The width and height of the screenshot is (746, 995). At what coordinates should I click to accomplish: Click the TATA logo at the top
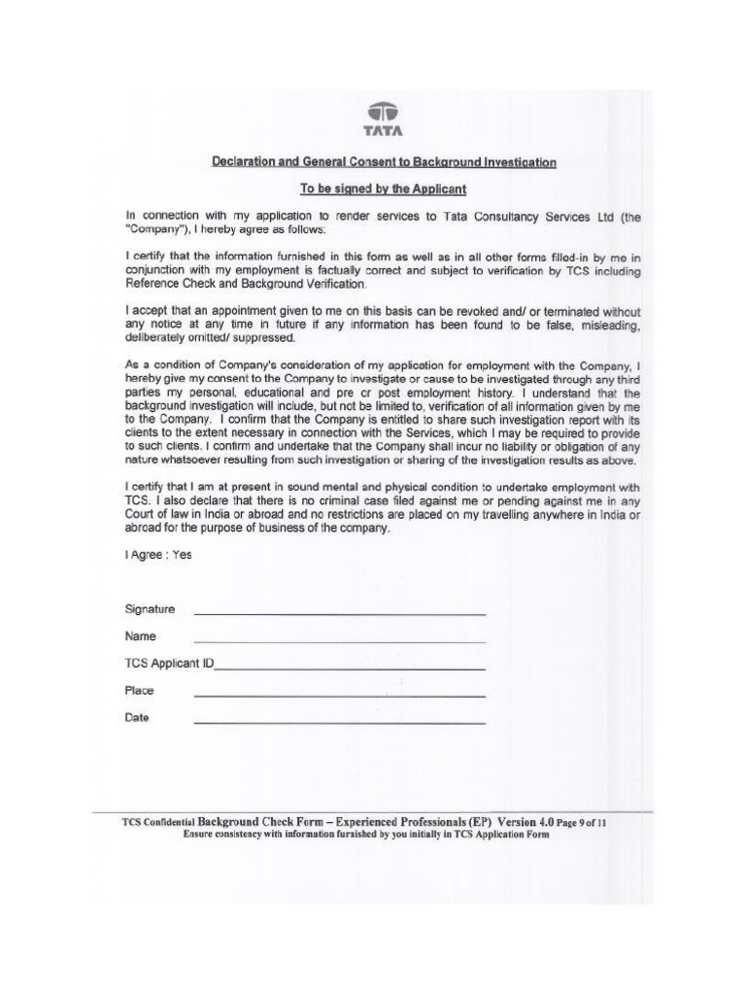pos(384,119)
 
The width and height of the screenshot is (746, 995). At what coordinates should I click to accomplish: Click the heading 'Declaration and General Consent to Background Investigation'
pos(384,162)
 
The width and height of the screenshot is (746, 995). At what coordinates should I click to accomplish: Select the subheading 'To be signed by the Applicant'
pos(384,189)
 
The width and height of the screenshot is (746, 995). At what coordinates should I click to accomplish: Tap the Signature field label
pos(150,609)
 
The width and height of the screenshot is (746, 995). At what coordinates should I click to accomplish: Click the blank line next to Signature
pos(340,613)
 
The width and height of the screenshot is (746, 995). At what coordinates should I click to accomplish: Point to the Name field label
pos(140,636)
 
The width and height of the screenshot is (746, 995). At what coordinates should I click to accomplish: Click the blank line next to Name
pos(340,640)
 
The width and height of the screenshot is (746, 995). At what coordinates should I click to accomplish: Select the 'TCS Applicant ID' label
pos(169,664)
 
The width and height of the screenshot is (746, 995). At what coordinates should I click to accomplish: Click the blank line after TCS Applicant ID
pos(350,668)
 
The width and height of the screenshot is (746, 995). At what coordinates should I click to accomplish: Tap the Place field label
pos(139,691)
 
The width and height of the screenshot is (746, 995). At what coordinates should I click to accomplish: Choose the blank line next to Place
pos(340,695)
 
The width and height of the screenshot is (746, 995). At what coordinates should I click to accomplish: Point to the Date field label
pos(137,718)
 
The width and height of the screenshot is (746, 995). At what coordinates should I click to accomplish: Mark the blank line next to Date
pos(340,722)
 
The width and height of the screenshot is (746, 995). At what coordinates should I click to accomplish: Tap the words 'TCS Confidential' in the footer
pos(158,822)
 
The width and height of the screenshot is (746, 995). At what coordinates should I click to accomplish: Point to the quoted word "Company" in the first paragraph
pos(155,229)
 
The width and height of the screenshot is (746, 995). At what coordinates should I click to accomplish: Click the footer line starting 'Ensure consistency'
pos(366,834)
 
